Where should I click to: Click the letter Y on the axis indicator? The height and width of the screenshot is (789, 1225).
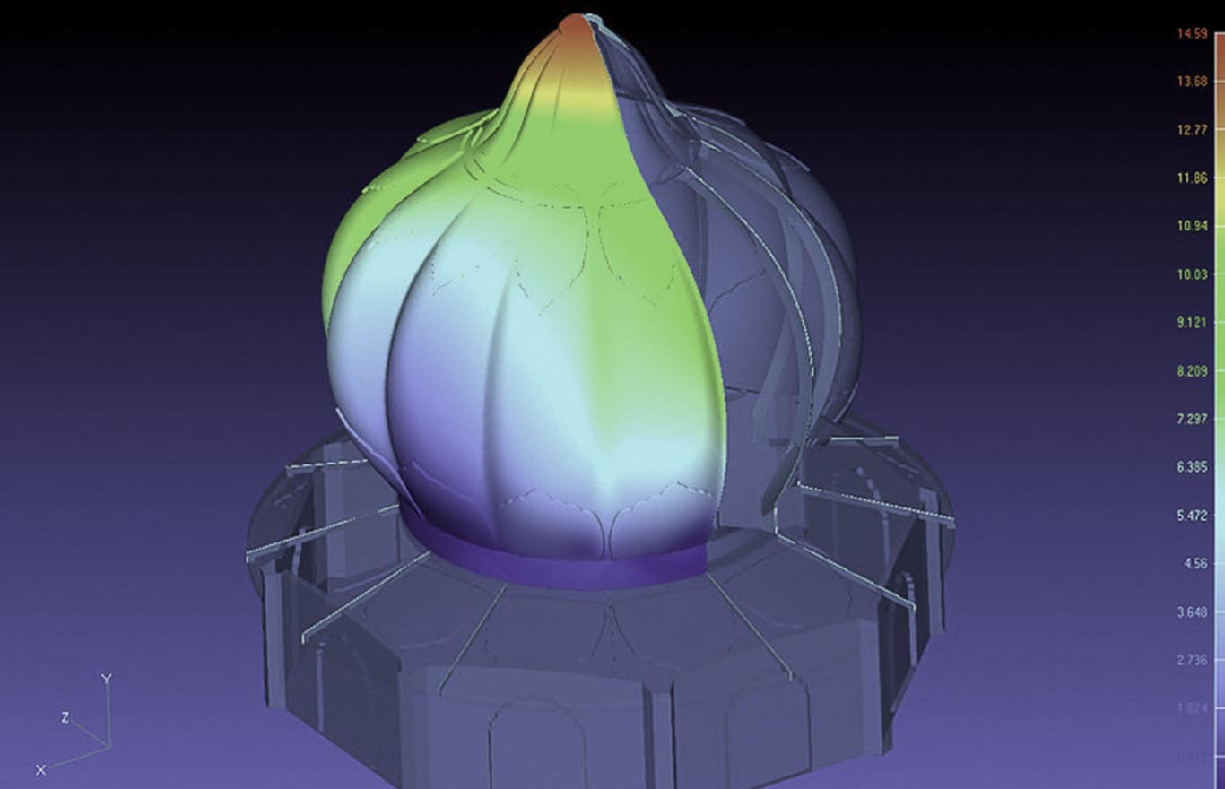[x=106, y=679]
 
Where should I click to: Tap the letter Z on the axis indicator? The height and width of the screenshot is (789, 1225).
[x=65, y=717]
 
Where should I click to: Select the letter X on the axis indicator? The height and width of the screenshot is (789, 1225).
[x=40, y=769]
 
